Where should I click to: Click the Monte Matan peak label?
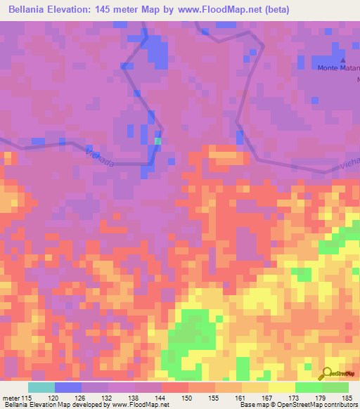[x=338, y=68]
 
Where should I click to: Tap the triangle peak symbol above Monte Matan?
[x=343, y=60]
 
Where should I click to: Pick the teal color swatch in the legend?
[x=41, y=387]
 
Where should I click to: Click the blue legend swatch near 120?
[x=68, y=387]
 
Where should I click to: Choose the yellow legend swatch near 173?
[x=281, y=387]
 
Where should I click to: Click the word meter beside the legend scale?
[x=10, y=397]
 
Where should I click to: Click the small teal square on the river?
[x=157, y=141]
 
